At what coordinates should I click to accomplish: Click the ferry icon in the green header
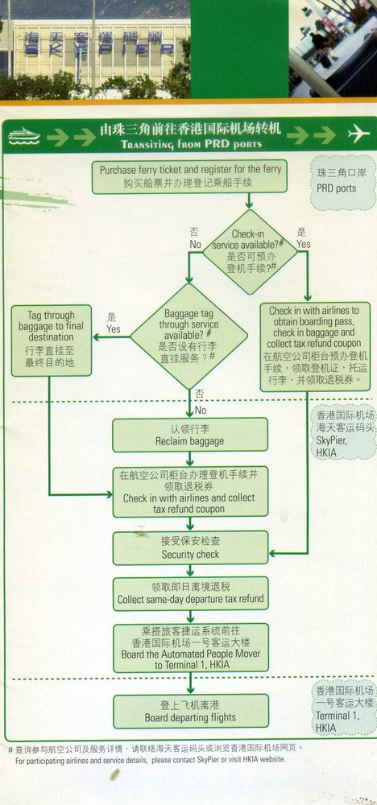pyautogui.click(x=24, y=136)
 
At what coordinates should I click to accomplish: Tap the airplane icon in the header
pyautogui.click(x=358, y=134)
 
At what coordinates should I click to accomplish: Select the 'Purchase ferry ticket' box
pyautogui.click(x=189, y=176)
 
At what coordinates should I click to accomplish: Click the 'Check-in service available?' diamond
pyautogui.click(x=250, y=251)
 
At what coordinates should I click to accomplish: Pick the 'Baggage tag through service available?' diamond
pyautogui.click(x=189, y=336)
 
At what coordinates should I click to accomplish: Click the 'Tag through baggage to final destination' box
pyautogui.click(x=52, y=341)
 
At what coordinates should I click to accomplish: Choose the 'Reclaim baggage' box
pyautogui.click(x=190, y=435)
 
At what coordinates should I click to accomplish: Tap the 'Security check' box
pyautogui.click(x=191, y=547)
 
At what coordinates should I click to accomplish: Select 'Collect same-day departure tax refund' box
pyautogui.click(x=191, y=593)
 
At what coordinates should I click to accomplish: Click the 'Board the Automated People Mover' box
pyautogui.click(x=191, y=647)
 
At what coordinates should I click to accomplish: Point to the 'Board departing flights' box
pyautogui.click(x=191, y=711)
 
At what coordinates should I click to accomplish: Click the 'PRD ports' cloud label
pyautogui.click(x=342, y=182)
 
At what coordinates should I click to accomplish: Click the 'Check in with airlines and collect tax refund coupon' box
pyautogui.click(x=190, y=492)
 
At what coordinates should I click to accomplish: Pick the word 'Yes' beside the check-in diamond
pyautogui.click(x=304, y=239)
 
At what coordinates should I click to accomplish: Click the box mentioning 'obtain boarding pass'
pyautogui.click(x=315, y=346)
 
